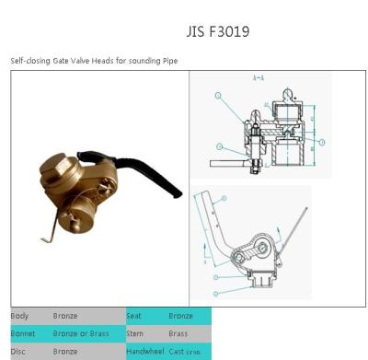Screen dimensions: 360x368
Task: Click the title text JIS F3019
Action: pos(217,32)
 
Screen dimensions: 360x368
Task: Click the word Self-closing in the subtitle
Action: pos(29,61)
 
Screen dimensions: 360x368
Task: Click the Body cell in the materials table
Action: pos(19,316)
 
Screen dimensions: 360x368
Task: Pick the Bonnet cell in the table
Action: pos(23,333)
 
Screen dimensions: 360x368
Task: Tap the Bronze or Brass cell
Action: pos(82,333)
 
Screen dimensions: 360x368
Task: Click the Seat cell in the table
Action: pos(134,316)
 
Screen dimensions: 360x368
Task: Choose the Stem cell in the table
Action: pos(135,333)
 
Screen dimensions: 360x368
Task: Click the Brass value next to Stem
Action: pos(180,333)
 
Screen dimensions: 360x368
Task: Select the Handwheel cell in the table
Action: pos(144,351)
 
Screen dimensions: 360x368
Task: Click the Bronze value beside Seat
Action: pos(182,316)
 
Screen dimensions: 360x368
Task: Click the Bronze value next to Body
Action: pos(66,316)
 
